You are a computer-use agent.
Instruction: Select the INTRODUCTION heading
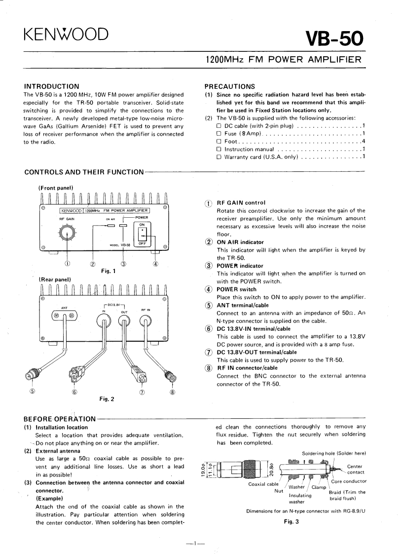[x=52, y=86]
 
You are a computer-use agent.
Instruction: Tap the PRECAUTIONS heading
[x=230, y=86]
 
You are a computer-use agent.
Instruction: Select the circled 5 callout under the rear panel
[x=33, y=393]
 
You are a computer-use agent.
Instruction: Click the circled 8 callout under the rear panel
[x=172, y=393]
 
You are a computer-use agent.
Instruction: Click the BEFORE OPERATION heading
[x=60, y=419]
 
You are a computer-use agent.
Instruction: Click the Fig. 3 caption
[x=292, y=520]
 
